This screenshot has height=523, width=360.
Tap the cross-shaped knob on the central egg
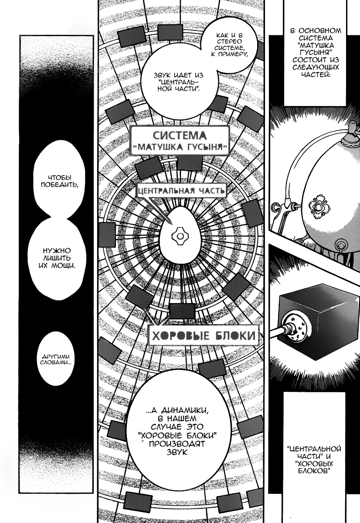pyautogui.click(x=180, y=237)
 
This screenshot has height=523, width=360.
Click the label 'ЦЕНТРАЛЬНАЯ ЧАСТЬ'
pyautogui.click(x=181, y=191)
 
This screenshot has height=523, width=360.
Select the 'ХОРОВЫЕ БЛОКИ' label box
pyautogui.click(x=204, y=336)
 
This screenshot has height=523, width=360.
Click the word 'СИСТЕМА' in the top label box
pyautogui.click(x=180, y=136)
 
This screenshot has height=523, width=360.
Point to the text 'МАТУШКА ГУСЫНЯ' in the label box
pyautogui.click(x=180, y=148)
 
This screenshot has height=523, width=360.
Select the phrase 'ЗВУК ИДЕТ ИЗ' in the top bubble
pyautogui.click(x=178, y=75)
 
